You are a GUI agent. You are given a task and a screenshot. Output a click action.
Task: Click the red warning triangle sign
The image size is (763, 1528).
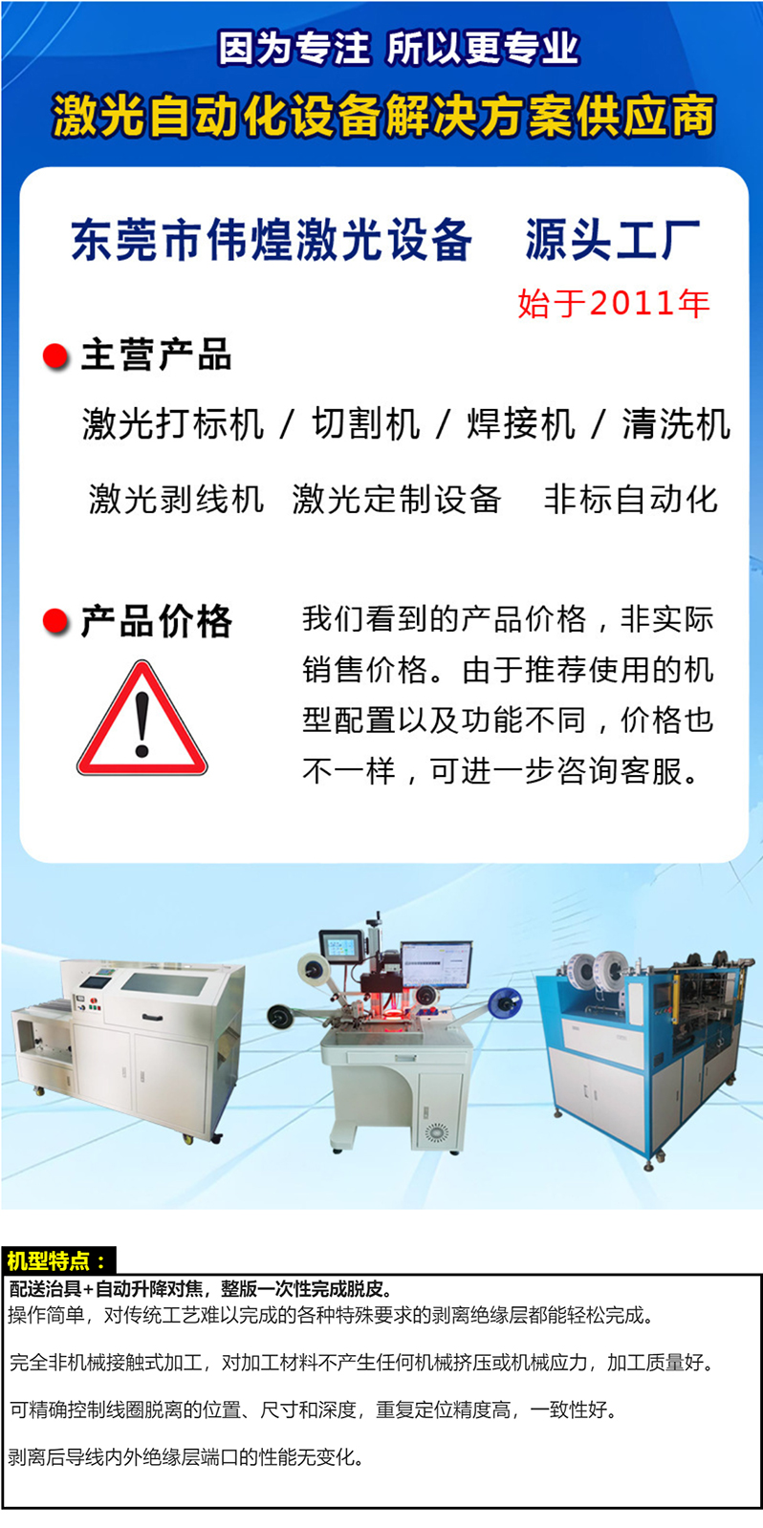[x=142, y=719]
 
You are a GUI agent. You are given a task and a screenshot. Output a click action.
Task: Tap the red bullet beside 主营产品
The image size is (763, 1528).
[x=55, y=355]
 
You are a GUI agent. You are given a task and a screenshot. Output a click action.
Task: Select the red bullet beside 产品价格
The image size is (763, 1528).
[x=55, y=621]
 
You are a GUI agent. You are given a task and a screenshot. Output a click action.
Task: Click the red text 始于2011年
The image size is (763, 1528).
[x=614, y=303]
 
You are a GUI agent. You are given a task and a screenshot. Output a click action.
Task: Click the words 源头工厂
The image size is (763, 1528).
[x=612, y=240]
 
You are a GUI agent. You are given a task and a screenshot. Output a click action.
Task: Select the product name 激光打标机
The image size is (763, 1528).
[x=173, y=423]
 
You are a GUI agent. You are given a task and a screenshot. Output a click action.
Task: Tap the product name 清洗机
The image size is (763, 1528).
[x=676, y=423]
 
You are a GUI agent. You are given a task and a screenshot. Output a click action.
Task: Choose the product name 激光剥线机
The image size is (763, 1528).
[x=176, y=499]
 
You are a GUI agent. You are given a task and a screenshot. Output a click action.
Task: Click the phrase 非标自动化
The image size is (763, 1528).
[x=631, y=499]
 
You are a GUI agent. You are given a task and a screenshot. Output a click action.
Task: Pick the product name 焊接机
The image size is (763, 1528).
[x=521, y=423]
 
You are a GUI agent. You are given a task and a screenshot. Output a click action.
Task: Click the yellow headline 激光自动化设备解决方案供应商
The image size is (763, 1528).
[x=383, y=116]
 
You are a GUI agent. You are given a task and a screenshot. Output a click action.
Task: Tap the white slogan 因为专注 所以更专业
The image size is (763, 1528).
[x=399, y=49]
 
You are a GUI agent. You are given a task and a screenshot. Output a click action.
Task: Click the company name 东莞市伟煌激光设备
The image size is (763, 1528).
[x=272, y=240]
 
